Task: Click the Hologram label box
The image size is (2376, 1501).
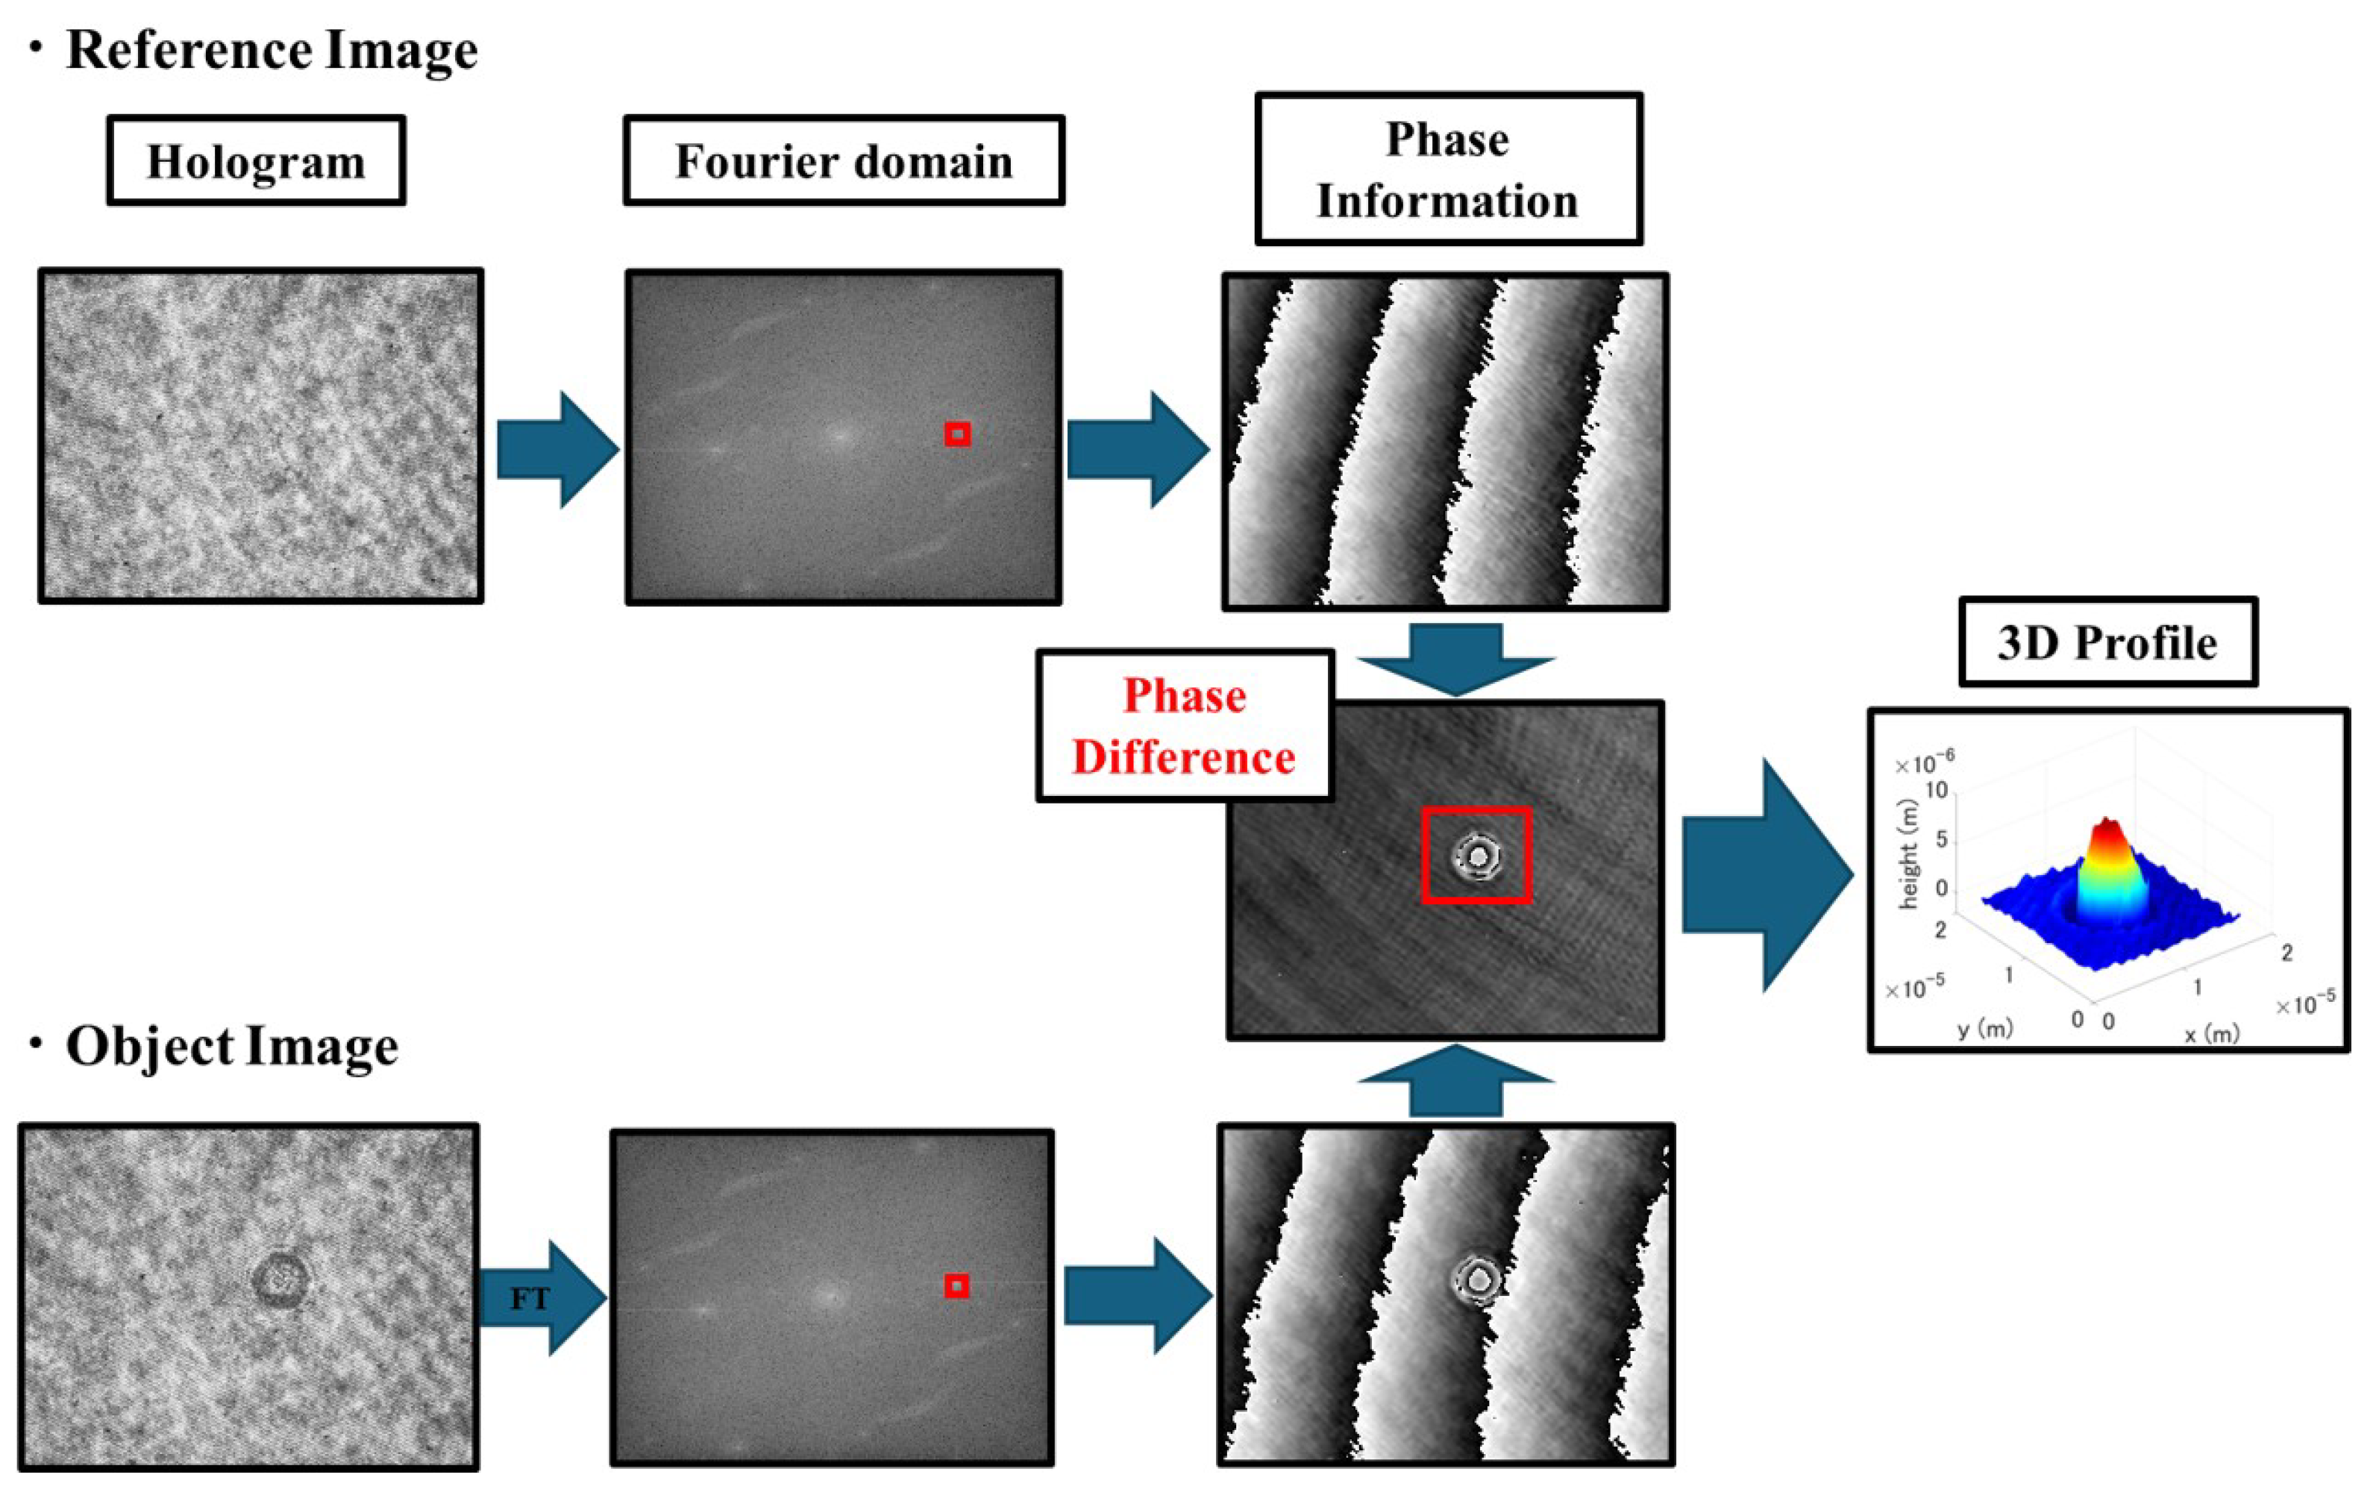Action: [256, 161]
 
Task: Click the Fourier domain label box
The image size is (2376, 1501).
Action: [844, 161]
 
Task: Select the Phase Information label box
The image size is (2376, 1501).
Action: [1447, 169]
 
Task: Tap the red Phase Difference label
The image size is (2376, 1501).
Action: [1184, 727]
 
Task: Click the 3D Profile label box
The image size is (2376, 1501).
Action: [2107, 642]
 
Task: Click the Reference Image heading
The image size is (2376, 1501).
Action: [272, 49]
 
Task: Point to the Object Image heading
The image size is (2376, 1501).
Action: [232, 1046]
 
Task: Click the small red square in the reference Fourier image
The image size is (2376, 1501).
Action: [957, 434]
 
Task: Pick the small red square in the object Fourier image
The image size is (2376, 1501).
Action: [955, 1286]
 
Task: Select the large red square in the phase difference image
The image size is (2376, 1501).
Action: [1476, 855]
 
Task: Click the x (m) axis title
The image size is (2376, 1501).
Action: [2211, 1033]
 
